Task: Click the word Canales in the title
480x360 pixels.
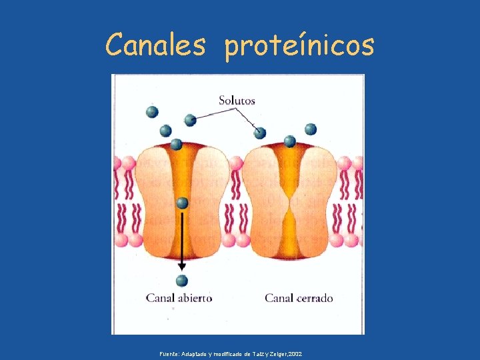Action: pyautogui.click(x=157, y=45)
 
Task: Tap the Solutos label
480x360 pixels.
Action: pyautogui.click(x=237, y=101)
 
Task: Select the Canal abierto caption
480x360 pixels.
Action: pyautogui.click(x=179, y=297)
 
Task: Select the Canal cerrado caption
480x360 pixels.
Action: pyautogui.click(x=299, y=297)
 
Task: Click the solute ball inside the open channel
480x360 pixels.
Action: pyautogui.click(x=182, y=203)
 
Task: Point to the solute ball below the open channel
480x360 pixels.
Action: pyautogui.click(x=182, y=281)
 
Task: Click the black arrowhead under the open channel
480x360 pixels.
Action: pyautogui.click(x=182, y=266)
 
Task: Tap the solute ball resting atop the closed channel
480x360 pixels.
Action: pyautogui.click(x=289, y=141)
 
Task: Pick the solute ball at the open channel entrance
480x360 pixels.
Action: pyautogui.click(x=176, y=144)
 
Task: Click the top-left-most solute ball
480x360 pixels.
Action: pyautogui.click(x=152, y=111)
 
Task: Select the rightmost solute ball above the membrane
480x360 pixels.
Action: pyautogui.click(x=311, y=129)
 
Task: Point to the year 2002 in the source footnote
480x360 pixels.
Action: pyautogui.click(x=295, y=353)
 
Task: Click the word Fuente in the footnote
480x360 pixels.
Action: pyautogui.click(x=169, y=353)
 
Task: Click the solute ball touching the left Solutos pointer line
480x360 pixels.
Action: pyautogui.click(x=190, y=120)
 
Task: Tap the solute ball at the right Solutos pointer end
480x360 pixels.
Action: pyautogui.click(x=260, y=133)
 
